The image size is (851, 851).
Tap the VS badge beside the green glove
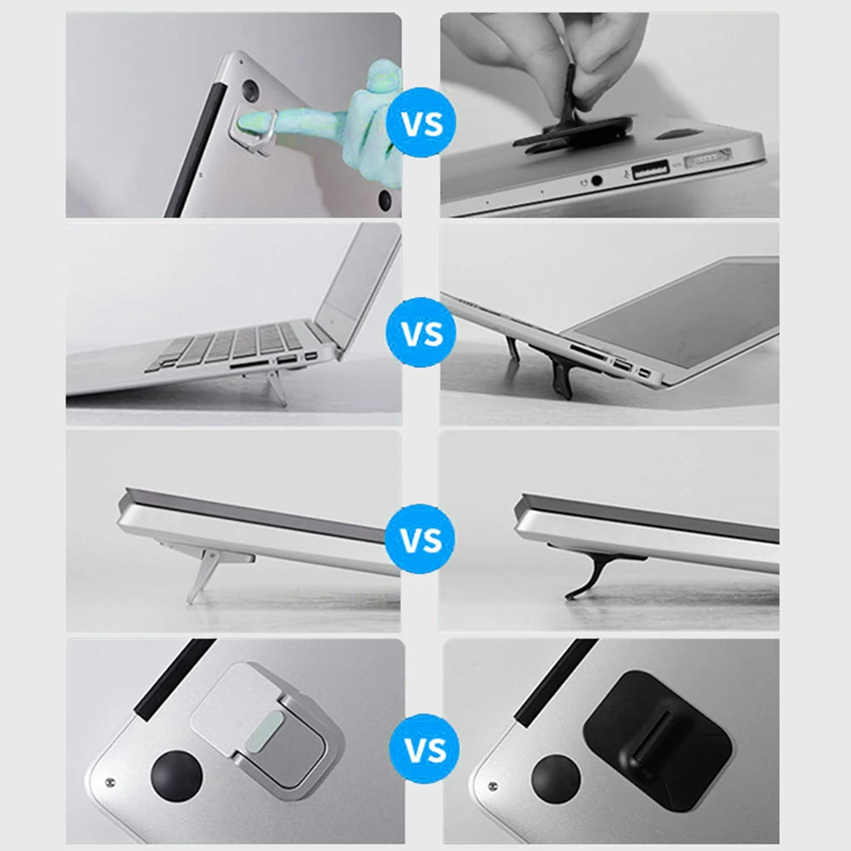421,124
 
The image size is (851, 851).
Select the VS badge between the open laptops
421,332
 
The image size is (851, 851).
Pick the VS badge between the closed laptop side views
421,540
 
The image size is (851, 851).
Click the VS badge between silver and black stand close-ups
423,750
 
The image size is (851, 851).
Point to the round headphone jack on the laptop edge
595,180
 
